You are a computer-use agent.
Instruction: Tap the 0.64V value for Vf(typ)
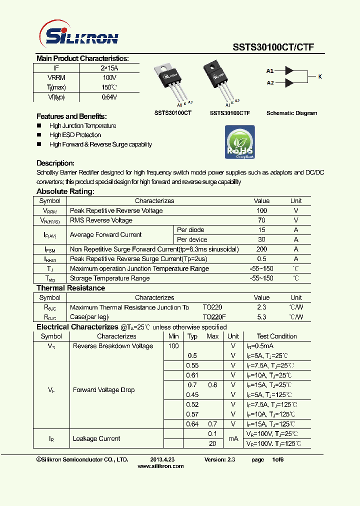109,97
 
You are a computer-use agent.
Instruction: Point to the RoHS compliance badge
240,142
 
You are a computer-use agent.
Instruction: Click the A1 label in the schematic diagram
270,71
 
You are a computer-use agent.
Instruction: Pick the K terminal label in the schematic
320,76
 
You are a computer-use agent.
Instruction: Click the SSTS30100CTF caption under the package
229,113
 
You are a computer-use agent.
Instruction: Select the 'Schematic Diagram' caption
291,113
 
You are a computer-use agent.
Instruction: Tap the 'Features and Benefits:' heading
71,116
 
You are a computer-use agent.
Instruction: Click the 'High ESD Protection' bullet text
75,135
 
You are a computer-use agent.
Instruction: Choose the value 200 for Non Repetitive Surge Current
261,249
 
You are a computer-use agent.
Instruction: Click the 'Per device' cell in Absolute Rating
191,239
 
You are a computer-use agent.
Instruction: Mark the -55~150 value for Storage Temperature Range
261,278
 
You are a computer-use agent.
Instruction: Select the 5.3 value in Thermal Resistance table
261,317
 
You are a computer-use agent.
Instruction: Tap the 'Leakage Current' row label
96,439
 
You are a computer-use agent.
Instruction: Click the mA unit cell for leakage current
233,439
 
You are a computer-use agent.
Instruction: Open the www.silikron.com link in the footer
160,466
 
